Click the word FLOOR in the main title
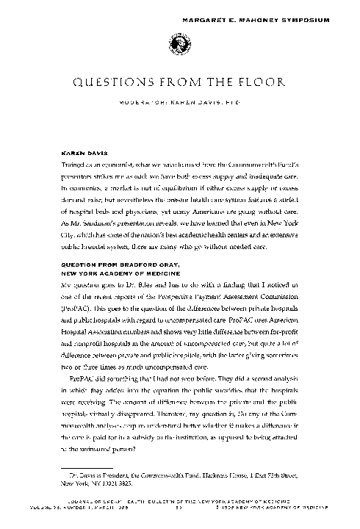point(259,83)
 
